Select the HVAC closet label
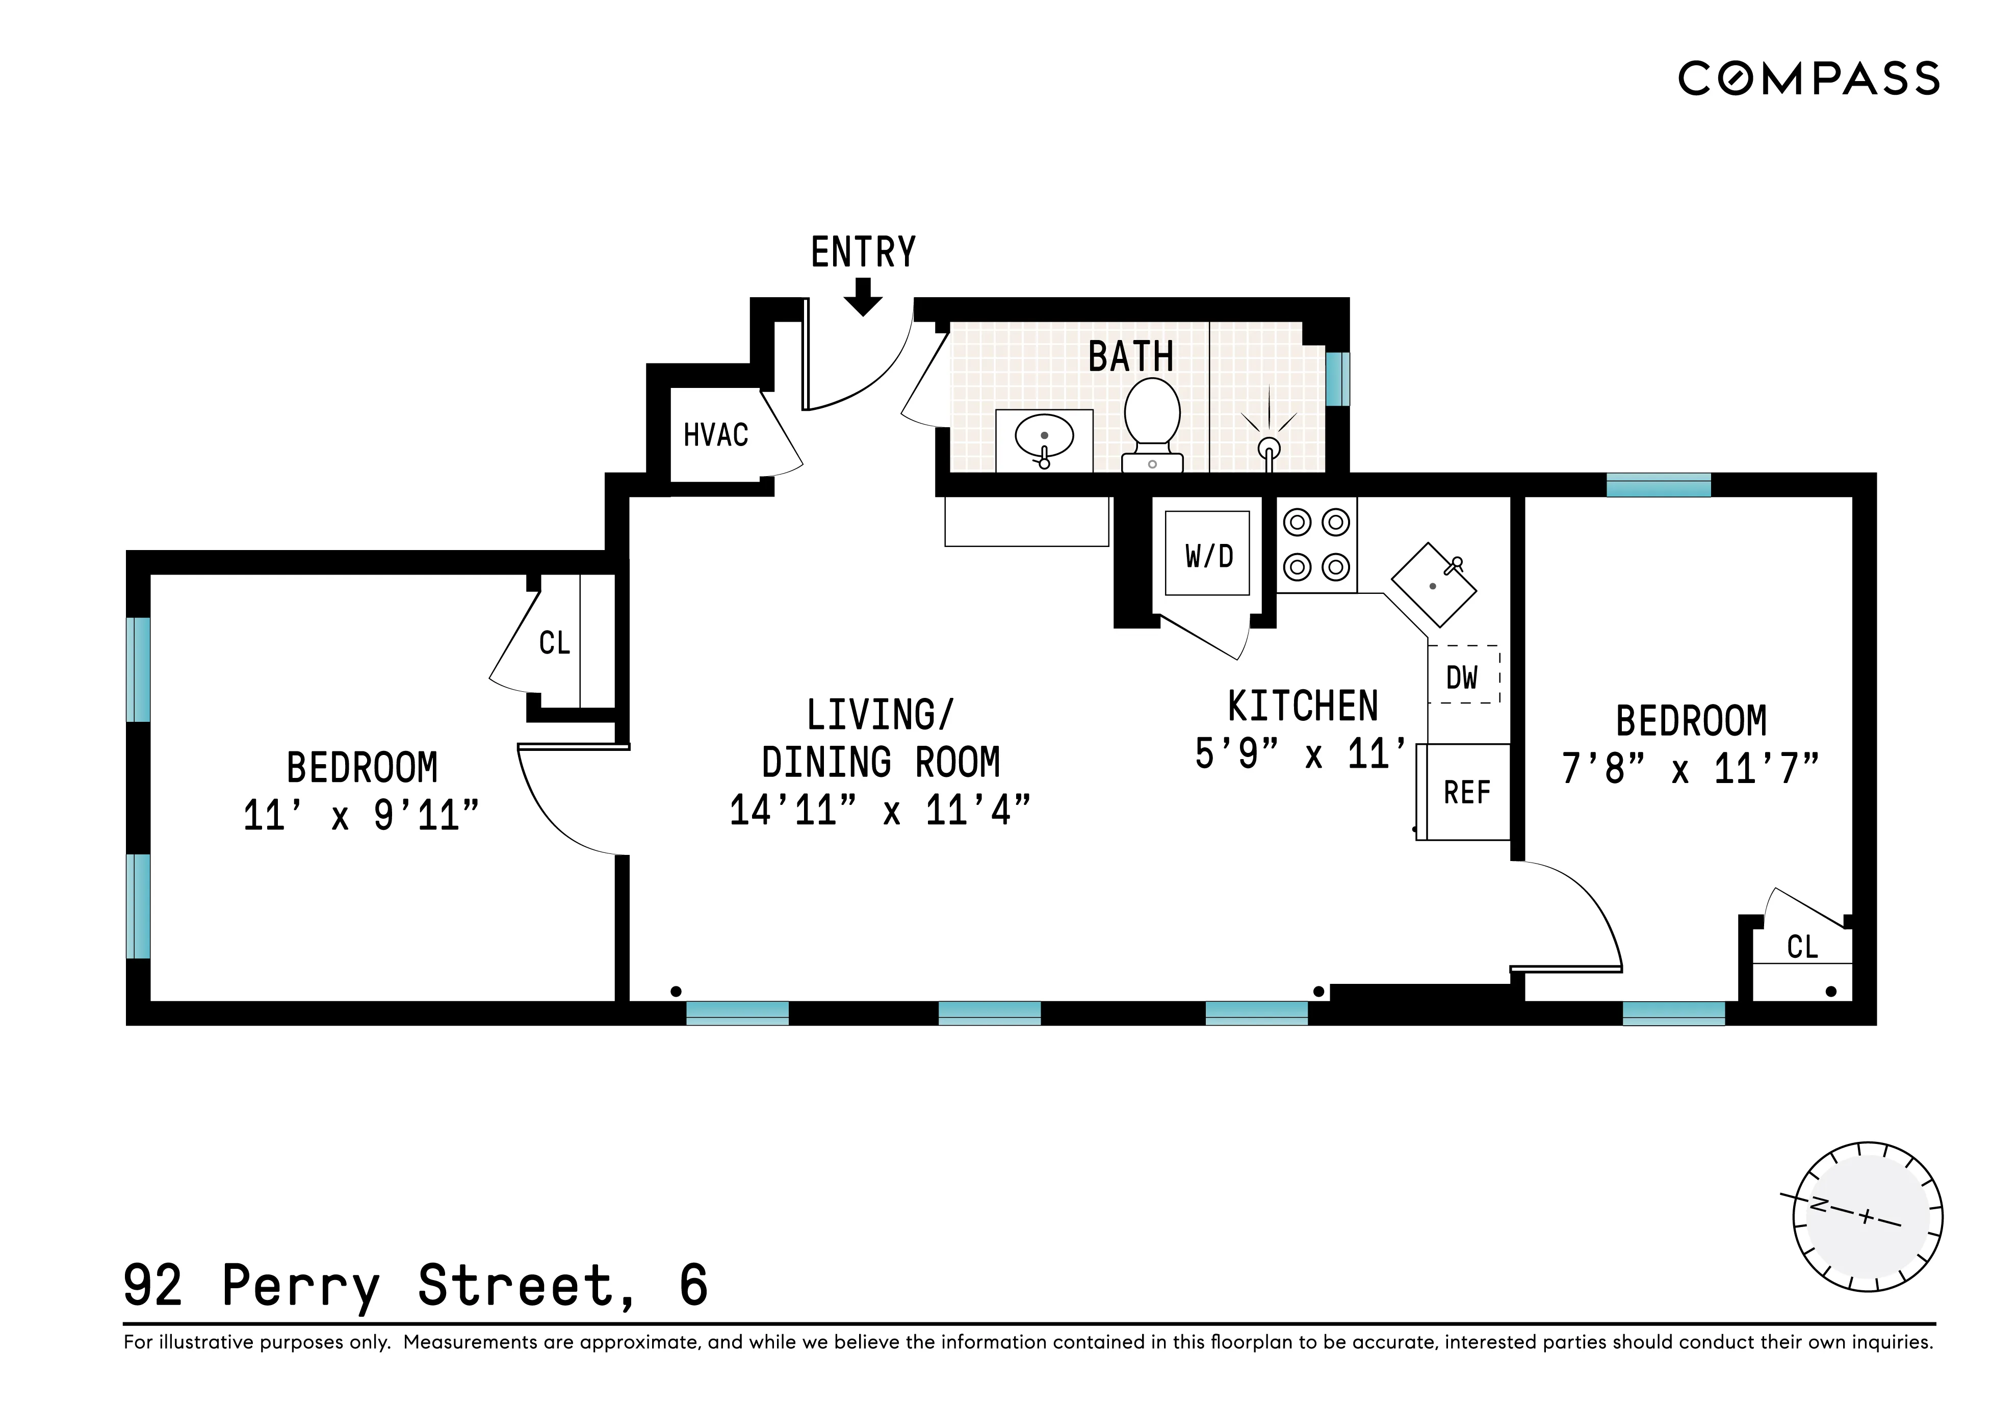click(716, 435)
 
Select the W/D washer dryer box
click(1207, 554)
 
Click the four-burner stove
click(1316, 545)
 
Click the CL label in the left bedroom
click(554, 643)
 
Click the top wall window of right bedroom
click(1658, 485)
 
